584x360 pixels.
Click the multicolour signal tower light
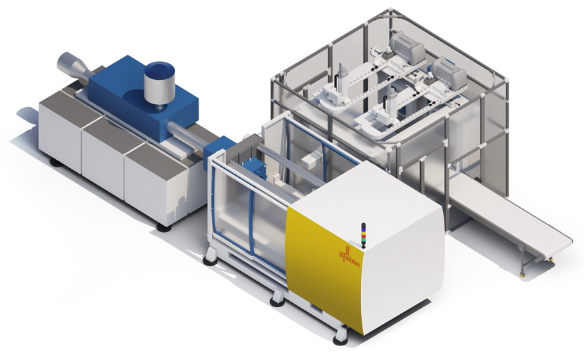362,235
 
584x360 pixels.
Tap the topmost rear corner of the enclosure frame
390,11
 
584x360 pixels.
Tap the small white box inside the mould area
310,160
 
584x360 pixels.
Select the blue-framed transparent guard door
243,208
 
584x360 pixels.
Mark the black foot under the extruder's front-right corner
163,227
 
